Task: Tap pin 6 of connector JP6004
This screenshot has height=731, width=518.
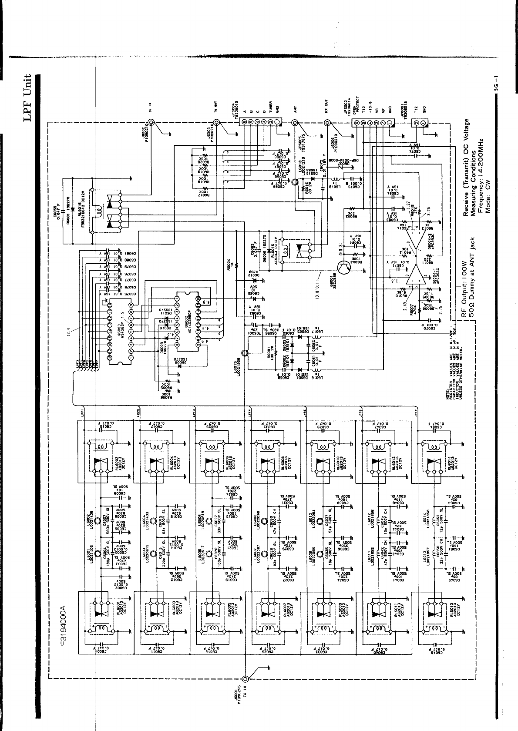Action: [x=245, y=123]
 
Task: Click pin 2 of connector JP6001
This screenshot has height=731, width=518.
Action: [x=416, y=123]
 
